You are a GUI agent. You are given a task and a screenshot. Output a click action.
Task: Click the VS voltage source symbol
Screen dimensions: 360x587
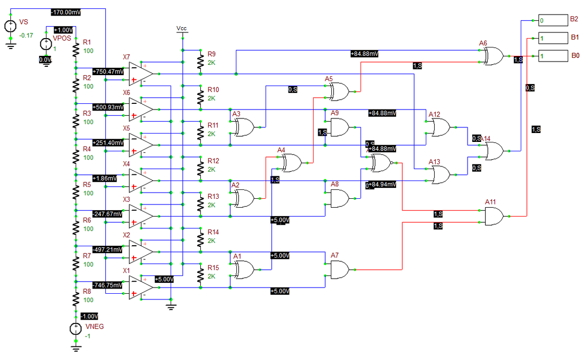[10, 26]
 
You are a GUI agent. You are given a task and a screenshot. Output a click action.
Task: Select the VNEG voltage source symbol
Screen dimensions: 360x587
[76, 329]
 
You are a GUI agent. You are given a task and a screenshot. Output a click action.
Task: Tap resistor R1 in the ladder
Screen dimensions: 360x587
[76, 50]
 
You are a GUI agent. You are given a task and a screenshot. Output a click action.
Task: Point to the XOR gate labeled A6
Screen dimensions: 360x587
[493, 56]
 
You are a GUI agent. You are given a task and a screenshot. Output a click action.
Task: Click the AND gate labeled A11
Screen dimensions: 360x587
[494, 215]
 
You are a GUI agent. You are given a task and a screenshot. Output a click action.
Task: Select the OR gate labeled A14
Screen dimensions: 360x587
[494, 151]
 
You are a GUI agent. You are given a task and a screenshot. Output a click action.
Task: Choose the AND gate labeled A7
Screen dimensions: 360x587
[340, 270]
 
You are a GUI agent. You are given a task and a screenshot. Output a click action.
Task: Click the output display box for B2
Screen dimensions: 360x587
[553, 20]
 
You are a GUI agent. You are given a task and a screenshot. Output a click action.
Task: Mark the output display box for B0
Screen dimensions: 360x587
[553, 56]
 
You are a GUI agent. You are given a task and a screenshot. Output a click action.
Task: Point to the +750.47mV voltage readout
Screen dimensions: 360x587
[109, 71]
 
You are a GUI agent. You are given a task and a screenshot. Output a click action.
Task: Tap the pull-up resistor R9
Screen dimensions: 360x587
[200, 62]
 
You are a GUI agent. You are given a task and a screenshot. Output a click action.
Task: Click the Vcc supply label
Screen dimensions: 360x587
[182, 28]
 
